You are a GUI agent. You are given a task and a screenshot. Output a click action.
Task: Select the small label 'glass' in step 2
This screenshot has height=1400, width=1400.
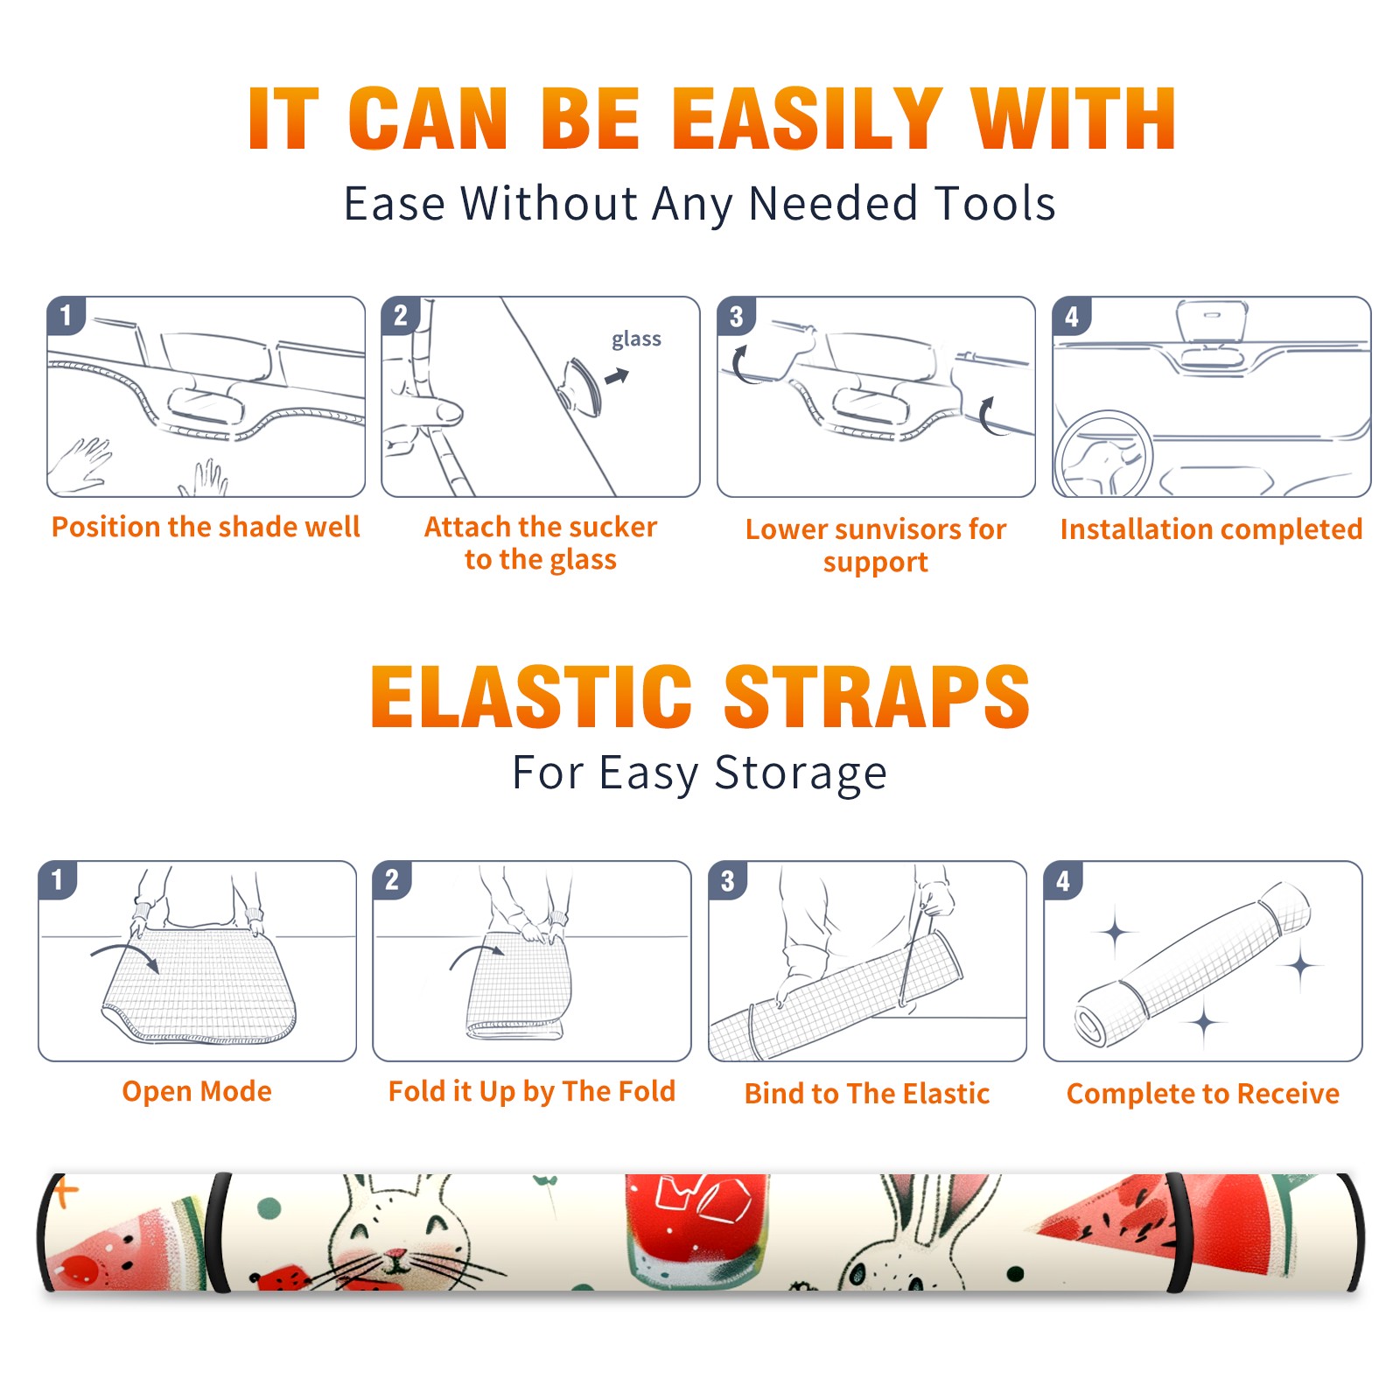636,339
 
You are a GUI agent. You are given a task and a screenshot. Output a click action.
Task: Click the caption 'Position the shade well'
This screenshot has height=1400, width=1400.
206,527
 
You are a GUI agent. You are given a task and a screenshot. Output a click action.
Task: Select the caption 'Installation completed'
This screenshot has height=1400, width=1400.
1211,529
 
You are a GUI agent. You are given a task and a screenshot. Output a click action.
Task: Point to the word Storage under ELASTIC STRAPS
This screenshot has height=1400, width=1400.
801,773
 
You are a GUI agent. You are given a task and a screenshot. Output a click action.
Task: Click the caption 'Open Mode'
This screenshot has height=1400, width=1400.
197,1091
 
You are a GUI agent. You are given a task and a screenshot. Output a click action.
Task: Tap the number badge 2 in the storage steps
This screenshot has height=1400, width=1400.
392,879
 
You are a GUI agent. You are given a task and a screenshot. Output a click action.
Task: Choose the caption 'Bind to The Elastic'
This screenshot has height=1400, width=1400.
867,1094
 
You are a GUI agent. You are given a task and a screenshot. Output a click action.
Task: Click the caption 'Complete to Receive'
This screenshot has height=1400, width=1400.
1203,1094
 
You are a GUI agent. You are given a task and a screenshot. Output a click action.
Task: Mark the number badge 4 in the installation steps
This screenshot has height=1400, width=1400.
1072,316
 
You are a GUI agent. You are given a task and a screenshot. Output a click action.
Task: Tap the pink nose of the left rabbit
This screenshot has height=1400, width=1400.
396,1256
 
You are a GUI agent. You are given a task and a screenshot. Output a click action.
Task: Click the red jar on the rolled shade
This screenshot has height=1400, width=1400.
697,1229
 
